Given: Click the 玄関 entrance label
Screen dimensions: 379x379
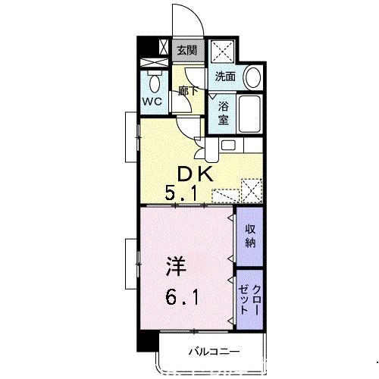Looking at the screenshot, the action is (186, 50).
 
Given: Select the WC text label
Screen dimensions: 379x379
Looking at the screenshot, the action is (152, 102).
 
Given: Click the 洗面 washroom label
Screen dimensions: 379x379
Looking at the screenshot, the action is (225, 77).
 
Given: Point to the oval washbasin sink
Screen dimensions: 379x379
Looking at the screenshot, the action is (253, 77).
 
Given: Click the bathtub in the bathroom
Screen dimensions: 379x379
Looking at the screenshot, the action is (249, 114).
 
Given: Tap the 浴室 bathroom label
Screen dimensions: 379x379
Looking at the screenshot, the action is (223, 113).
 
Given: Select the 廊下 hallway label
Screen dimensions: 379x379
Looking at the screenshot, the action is (188, 91).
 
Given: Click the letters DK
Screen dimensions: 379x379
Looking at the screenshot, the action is (195, 174).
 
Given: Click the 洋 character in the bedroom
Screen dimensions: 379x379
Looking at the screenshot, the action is (177, 267).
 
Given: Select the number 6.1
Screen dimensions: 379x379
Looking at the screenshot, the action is (182, 297).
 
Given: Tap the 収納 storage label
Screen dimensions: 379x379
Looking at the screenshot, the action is (250, 236).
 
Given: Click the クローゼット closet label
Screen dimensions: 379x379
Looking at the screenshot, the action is (250, 300).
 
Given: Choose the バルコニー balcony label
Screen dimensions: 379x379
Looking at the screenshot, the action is (214, 352).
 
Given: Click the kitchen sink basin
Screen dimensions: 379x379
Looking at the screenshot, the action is (228, 146).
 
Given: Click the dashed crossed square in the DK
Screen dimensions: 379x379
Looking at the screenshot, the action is (252, 190).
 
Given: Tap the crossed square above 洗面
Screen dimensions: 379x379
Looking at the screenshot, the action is (222, 52).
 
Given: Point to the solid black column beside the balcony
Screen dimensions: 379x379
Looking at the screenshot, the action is (148, 340).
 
